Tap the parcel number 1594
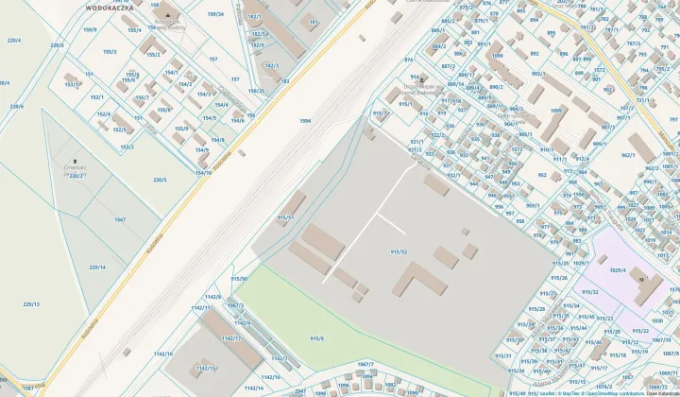tap(304, 121)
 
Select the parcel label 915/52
tap(399, 251)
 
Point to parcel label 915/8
tap(316, 337)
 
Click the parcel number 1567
tap(120, 219)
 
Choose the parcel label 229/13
tap(31, 303)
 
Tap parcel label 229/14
tap(97, 267)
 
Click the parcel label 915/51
tap(285, 217)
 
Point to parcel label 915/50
tap(239, 278)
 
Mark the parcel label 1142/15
tap(204, 368)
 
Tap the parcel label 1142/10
tap(162, 354)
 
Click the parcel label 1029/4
tap(618, 270)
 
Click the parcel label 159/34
tap(215, 14)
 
